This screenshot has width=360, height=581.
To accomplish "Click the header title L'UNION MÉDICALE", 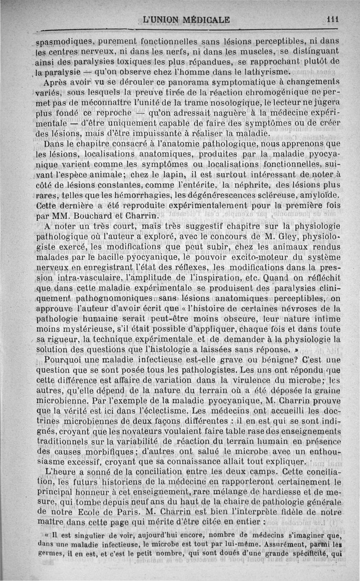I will [186, 20].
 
